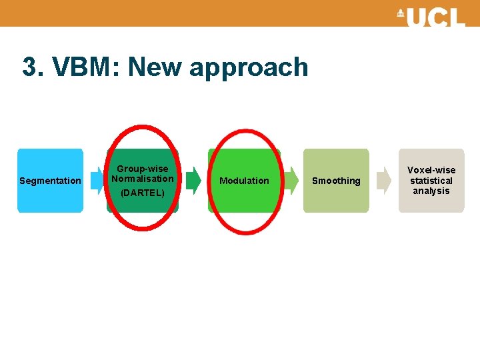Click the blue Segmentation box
50,200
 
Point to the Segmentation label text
50,181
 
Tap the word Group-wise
143,169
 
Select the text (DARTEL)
143,193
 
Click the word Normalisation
143,179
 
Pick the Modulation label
244,181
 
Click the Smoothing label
336,181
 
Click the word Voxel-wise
431,170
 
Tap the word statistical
431,181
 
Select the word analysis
431,191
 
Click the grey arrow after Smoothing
384,181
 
